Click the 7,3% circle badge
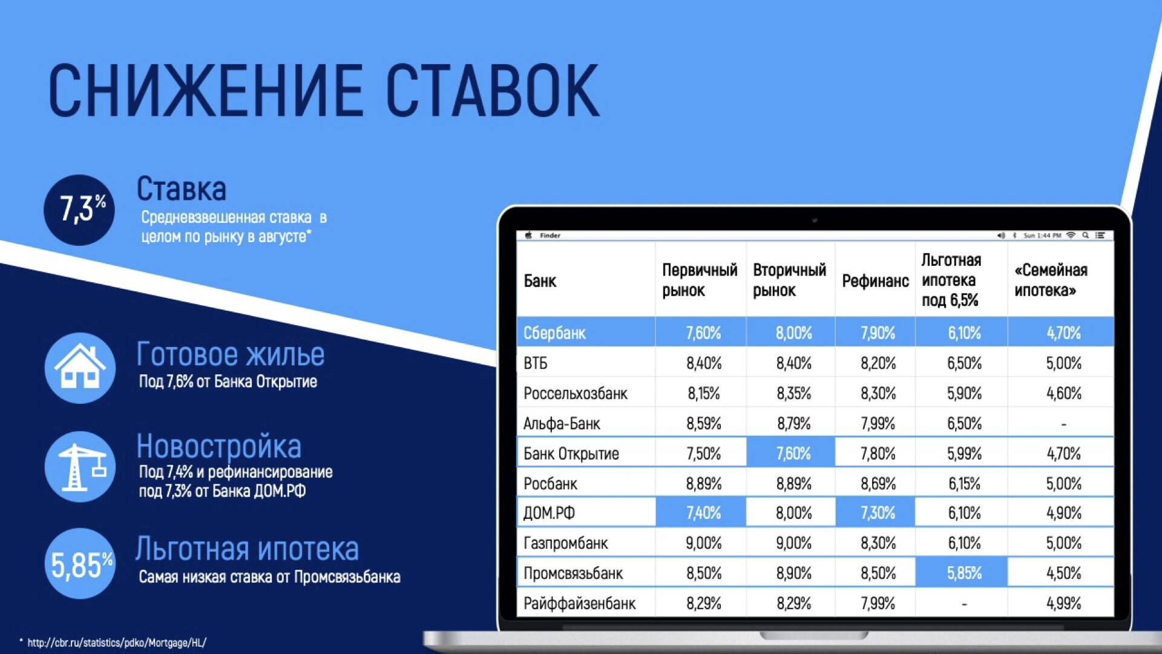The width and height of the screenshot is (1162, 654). coord(79,210)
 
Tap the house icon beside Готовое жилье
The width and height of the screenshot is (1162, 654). coord(80,368)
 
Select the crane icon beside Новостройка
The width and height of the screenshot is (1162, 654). coord(80,466)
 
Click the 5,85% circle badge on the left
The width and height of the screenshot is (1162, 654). coord(80,563)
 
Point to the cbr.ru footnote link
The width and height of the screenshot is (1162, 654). coord(117,642)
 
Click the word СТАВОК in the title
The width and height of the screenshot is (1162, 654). coord(493,91)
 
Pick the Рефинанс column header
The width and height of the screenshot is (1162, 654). coord(875,280)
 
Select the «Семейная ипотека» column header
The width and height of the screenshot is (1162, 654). coord(1051,280)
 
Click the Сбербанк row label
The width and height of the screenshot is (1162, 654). coord(554,333)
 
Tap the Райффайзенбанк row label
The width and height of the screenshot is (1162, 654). coord(579,603)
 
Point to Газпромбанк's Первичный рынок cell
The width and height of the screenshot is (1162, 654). coord(703,543)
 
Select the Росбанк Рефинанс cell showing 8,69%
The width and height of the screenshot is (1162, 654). coord(878,483)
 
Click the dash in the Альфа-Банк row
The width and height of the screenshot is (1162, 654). coord(1063,424)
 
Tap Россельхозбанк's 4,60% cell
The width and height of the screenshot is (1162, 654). coord(1064,394)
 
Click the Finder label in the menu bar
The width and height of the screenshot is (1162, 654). coord(550,236)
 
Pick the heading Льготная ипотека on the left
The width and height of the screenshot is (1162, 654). coord(247,549)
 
